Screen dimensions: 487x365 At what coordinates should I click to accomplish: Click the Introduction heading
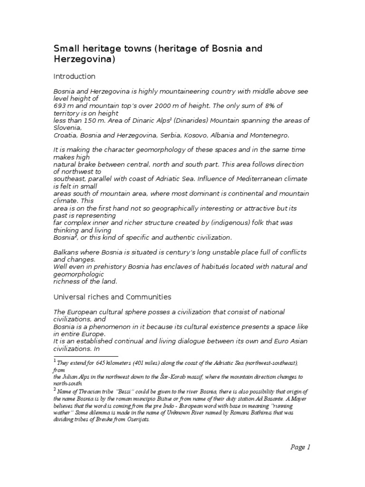point(74,77)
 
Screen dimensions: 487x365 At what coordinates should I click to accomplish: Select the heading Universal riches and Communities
point(112,297)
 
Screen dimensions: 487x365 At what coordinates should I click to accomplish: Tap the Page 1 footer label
point(300,447)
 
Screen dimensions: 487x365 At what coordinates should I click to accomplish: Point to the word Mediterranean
point(255,179)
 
